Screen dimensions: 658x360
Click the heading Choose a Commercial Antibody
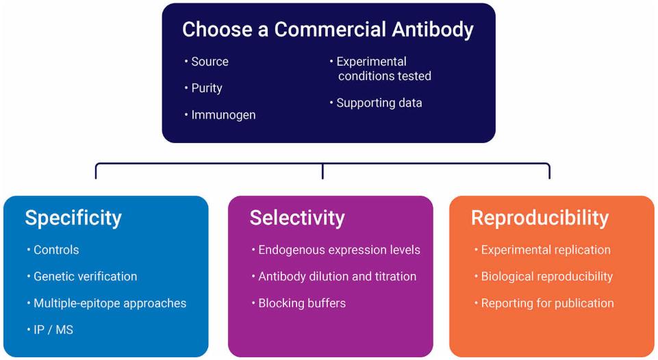pos(328,30)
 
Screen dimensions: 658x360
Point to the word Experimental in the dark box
pos(371,62)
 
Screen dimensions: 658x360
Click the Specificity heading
pos(73,218)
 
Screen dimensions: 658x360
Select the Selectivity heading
pos(297,218)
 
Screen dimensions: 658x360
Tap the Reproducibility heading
pos(540,218)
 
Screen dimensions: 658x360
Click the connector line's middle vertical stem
pos(322,171)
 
